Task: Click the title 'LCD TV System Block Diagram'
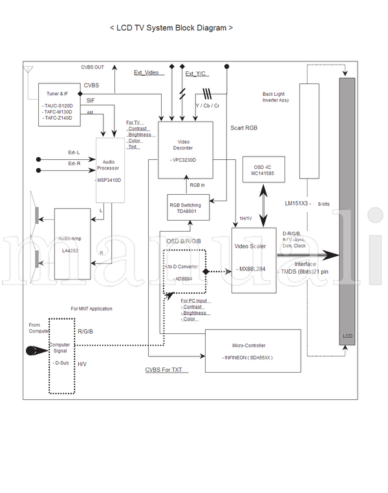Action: pos(171,28)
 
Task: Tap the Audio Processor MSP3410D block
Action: pos(111,170)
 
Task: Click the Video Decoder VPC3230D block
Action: pos(186,149)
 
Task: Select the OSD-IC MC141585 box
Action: pos(263,170)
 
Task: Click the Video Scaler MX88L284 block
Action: pos(253,259)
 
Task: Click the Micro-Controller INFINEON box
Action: pos(253,351)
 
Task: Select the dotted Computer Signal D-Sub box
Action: pos(63,355)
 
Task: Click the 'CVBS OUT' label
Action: pos(92,67)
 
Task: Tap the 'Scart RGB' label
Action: pos(244,128)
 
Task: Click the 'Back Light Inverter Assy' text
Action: pos(275,97)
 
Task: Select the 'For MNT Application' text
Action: pos(91,309)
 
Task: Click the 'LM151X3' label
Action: pos(298,203)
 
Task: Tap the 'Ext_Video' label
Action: pos(146,72)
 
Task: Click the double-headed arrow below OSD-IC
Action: pos(263,206)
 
